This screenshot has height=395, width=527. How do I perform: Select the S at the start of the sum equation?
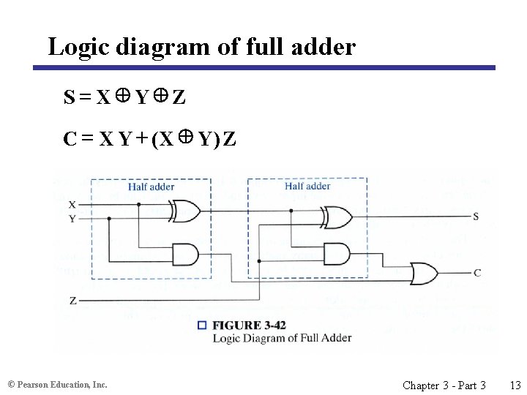(69, 97)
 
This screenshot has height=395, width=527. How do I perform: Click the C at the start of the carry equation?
(70, 138)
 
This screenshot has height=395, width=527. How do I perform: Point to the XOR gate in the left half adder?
(184, 211)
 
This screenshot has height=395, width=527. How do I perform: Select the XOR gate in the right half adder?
(337, 217)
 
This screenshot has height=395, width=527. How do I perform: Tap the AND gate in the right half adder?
(336, 254)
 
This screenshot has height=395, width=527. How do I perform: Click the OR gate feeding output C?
(425, 273)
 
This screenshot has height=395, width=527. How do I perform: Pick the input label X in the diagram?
(72, 204)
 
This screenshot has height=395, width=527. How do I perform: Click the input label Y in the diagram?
(72, 218)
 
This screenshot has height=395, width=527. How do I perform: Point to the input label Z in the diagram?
(72, 301)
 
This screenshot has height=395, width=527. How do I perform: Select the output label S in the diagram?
(476, 217)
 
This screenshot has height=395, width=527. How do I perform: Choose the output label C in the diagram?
(477, 273)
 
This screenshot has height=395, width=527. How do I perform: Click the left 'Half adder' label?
(151, 187)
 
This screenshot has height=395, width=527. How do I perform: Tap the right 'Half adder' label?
(307, 187)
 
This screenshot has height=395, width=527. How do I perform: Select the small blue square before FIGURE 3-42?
(202, 325)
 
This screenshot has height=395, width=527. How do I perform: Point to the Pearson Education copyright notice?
(57, 385)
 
